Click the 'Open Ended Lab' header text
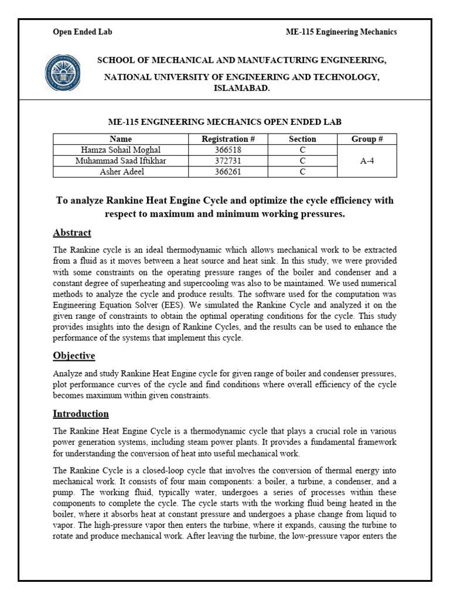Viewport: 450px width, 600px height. click(83, 32)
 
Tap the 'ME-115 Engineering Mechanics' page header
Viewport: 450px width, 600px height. click(341, 32)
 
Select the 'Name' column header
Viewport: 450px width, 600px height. click(121, 139)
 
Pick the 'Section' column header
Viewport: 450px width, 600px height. click(302, 139)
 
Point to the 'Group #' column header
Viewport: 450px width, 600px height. click(367, 139)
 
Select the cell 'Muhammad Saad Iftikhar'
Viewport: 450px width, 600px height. click(121, 161)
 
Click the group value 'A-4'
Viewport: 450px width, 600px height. click(367, 161)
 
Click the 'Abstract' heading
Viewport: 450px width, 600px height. click(72, 233)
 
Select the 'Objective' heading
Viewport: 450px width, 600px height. click(74, 356)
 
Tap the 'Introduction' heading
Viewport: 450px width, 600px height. click(81, 414)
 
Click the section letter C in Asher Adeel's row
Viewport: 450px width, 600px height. click(302, 172)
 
